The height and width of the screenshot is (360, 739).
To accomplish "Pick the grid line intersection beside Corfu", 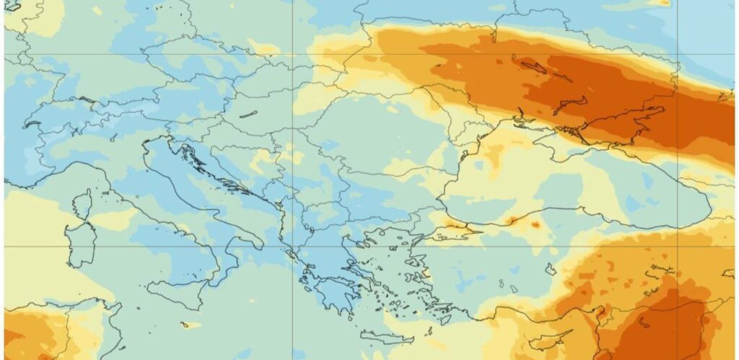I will click(292, 246).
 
